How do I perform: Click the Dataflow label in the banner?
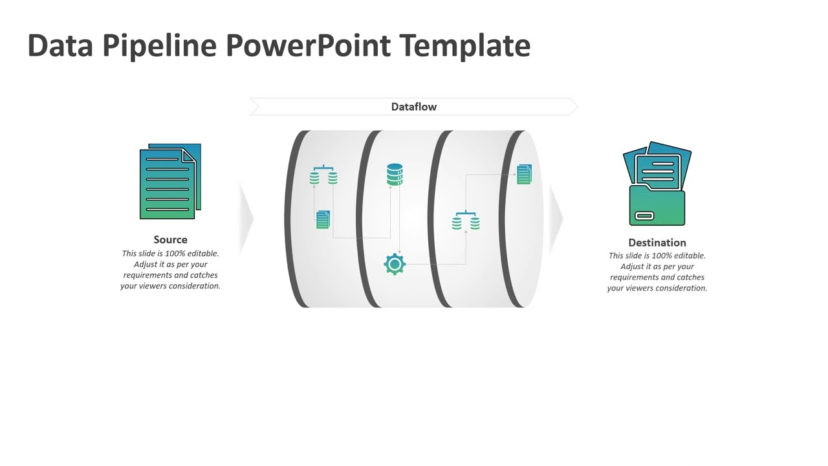tap(414, 107)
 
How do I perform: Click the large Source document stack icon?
tap(170, 182)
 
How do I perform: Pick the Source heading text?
tap(170, 239)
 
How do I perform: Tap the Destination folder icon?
tap(657, 184)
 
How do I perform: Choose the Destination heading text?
tap(657, 243)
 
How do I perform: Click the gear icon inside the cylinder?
tap(395, 264)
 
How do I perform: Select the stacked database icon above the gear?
tap(395, 175)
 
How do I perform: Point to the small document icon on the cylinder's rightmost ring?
tap(524, 174)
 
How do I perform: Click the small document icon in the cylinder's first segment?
tap(323, 219)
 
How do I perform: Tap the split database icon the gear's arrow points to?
tap(466, 221)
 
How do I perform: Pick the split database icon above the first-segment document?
tap(323, 175)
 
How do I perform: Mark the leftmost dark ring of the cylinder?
tap(294, 219)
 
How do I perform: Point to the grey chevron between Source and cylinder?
tap(246, 219)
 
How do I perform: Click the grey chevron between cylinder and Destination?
tap(556, 219)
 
